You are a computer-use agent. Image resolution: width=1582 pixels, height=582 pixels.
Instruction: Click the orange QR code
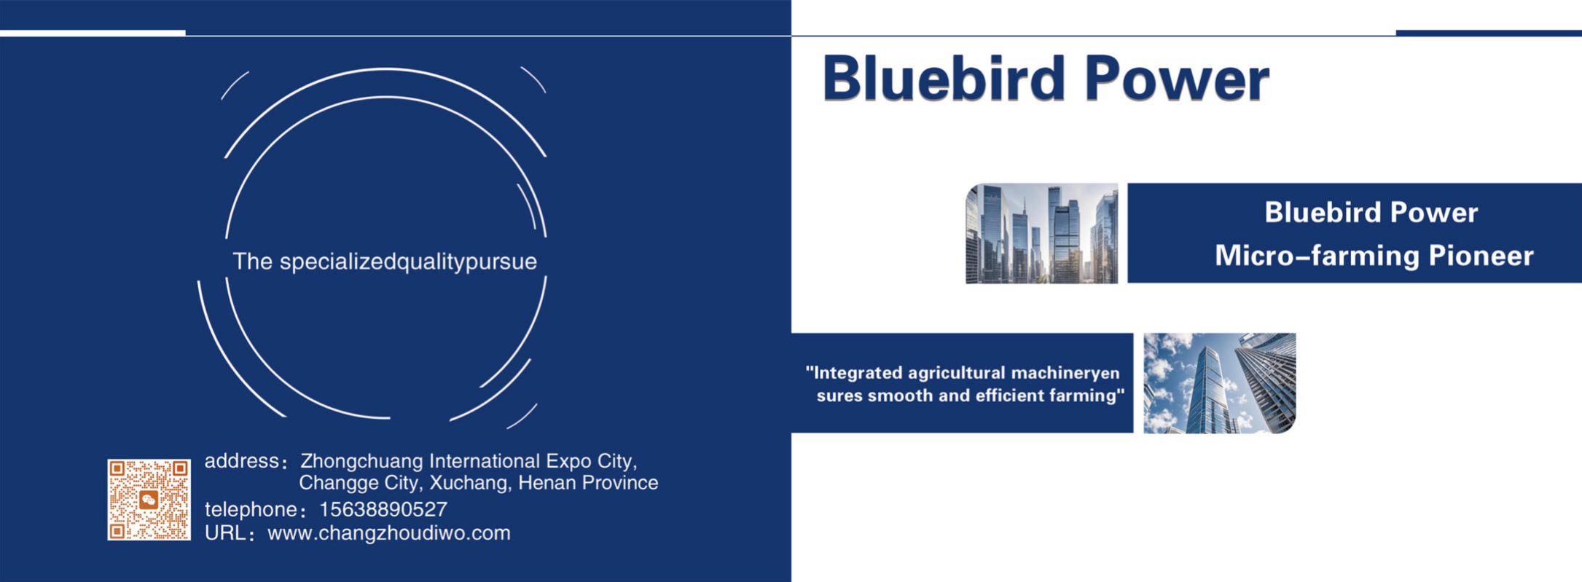point(149,500)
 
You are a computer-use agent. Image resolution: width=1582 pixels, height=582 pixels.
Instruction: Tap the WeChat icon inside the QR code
point(149,500)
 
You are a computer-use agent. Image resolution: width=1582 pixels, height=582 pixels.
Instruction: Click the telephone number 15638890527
point(383,509)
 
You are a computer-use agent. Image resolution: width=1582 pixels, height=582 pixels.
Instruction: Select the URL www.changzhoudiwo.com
point(389,533)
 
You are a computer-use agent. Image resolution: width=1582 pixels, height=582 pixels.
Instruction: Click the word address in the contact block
point(241,461)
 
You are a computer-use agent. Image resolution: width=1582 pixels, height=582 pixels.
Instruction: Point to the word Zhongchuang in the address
point(362,462)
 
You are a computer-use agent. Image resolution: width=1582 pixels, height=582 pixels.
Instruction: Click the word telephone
point(251,509)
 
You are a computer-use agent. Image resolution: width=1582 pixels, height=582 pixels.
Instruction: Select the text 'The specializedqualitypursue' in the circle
point(385,261)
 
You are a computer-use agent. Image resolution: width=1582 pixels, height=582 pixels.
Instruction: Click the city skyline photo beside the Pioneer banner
point(1041,233)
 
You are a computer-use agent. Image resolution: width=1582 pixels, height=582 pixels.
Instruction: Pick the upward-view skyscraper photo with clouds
point(1220,383)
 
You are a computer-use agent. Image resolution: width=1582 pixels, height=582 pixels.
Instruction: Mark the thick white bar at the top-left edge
point(93,33)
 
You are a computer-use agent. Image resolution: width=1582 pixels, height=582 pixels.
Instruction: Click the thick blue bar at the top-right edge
point(1489,33)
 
